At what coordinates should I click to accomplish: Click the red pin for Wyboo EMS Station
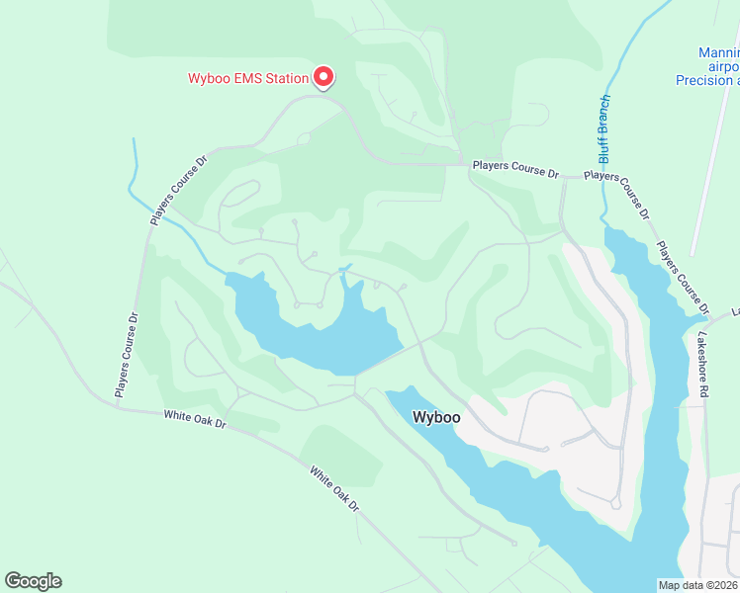pyautogui.click(x=324, y=75)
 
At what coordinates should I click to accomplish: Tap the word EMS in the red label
pyautogui.click(x=248, y=78)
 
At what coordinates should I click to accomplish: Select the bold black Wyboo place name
pyautogui.click(x=436, y=417)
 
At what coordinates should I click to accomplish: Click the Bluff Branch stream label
pyautogui.click(x=604, y=128)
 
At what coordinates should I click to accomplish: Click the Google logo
pyautogui.click(x=33, y=580)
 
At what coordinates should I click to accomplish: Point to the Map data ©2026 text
pyautogui.click(x=697, y=585)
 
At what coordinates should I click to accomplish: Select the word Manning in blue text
pyautogui.click(x=718, y=52)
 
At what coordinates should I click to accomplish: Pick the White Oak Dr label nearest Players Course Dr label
pyautogui.click(x=196, y=420)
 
